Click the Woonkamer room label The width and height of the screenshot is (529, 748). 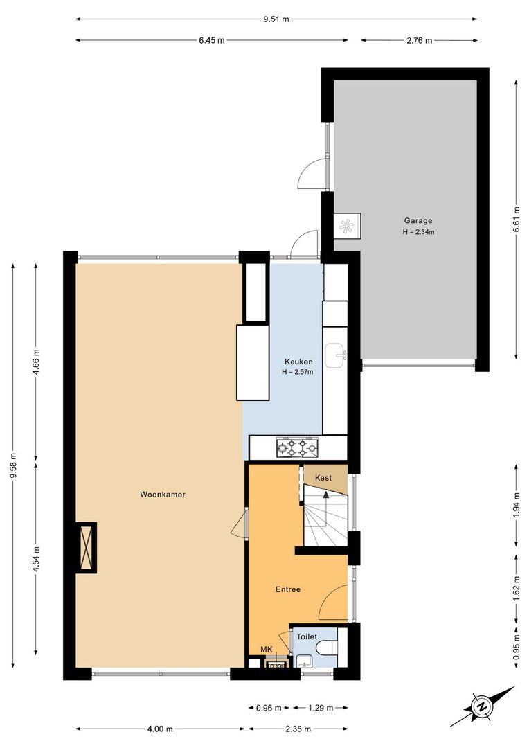pos(162,495)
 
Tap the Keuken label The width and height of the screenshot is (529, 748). pos(298,362)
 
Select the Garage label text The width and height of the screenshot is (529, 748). pos(418,220)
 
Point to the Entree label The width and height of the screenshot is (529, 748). pos(288,589)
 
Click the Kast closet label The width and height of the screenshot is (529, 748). pos(323,477)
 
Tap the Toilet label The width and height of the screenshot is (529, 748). pos(307,637)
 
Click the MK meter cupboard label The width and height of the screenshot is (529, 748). pos(266,649)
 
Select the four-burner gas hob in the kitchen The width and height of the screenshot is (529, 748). pos(298,448)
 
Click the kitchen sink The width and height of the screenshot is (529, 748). pos(336,355)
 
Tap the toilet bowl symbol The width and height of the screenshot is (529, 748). pos(329,648)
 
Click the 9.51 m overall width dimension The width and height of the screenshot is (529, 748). pos(276,19)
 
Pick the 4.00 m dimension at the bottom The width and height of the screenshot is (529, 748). pos(160,729)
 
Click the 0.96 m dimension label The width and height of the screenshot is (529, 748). pos(269,708)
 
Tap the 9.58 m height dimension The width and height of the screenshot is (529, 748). pos(13,465)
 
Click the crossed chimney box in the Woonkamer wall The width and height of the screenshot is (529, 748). pos(86,548)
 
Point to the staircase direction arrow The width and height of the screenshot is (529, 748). pos(326,508)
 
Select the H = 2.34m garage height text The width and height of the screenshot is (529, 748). pos(418,232)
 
